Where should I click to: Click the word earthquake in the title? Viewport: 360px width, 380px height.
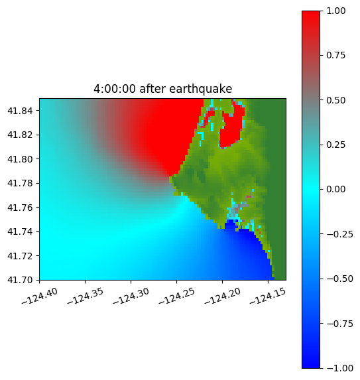pyautogui.click(x=201, y=89)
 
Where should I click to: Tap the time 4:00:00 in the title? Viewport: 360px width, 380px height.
pyautogui.click(x=115, y=89)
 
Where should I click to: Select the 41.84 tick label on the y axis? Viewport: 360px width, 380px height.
pyautogui.click(x=20, y=111)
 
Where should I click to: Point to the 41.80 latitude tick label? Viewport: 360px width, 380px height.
pyautogui.click(x=20, y=159)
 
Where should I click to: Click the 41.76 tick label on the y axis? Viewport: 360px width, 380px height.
pyautogui.click(x=20, y=208)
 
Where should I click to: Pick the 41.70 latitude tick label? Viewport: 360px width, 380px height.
pyautogui.click(x=20, y=280)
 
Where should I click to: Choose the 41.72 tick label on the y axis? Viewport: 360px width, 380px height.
pyautogui.click(x=20, y=256)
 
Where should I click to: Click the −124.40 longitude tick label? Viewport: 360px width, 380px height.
pyautogui.click(x=40, y=296)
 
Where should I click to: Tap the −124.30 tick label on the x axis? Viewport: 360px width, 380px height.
pyautogui.click(x=131, y=296)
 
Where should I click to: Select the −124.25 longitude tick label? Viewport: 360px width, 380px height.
pyautogui.click(x=177, y=296)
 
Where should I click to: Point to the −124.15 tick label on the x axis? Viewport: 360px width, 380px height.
pyautogui.click(x=268, y=296)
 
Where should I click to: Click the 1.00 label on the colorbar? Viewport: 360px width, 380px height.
pyautogui.click(x=335, y=11)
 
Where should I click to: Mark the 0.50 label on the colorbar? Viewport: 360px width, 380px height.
pyautogui.click(x=335, y=100)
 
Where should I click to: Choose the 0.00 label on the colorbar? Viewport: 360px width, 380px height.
pyautogui.click(x=335, y=189)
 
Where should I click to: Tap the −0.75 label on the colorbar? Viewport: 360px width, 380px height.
pyautogui.click(x=339, y=324)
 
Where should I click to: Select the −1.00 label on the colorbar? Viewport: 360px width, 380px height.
pyautogui.click(x=339, y=368)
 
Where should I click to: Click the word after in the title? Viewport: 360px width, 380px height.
pyautogui.click(x=152, y=89)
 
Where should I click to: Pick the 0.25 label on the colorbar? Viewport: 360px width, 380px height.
pyautogui.click(x=335, y=145)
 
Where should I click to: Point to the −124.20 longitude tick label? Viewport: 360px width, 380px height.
pyautogui.click(x=223, y=296)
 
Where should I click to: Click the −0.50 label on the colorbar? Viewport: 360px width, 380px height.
pyautogui.click(x=339, y=279)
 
